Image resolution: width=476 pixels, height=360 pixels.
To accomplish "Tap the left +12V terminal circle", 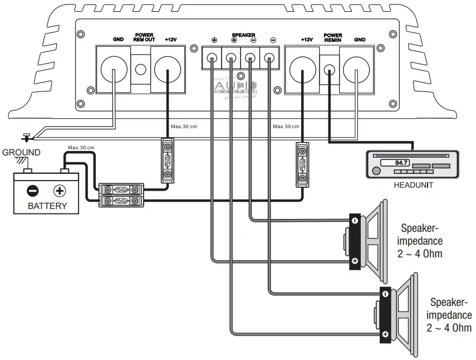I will click(167, 70).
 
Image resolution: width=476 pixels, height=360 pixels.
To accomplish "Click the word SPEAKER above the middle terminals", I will click(243, 35).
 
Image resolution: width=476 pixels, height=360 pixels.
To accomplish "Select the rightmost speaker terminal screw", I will click(270, 57).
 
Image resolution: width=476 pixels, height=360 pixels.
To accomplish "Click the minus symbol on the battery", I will click(33, 191).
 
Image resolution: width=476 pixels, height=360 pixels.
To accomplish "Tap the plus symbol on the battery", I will click(59, 191).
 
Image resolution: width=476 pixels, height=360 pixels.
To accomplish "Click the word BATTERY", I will click(47, 206).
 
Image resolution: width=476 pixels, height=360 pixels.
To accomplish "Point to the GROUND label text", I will click(21, 152).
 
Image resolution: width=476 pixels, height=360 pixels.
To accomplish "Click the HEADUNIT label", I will click(414, 186).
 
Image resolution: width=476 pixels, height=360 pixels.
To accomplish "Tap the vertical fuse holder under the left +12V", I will click(167, 161).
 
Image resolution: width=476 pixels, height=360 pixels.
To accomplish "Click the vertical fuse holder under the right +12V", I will click(301, 164).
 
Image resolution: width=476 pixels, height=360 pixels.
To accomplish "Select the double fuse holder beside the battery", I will click(121, 195).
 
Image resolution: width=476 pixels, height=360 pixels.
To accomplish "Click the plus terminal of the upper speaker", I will click(355, 261).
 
